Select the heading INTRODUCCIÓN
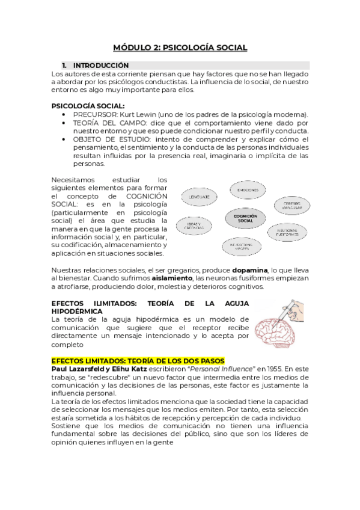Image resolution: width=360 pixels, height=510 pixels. coord(101,65)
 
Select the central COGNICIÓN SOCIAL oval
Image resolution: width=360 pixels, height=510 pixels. coord(245,218)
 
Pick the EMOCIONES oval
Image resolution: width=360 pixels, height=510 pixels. coord(247,189)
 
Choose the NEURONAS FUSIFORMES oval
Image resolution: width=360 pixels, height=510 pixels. coord(285,230)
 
